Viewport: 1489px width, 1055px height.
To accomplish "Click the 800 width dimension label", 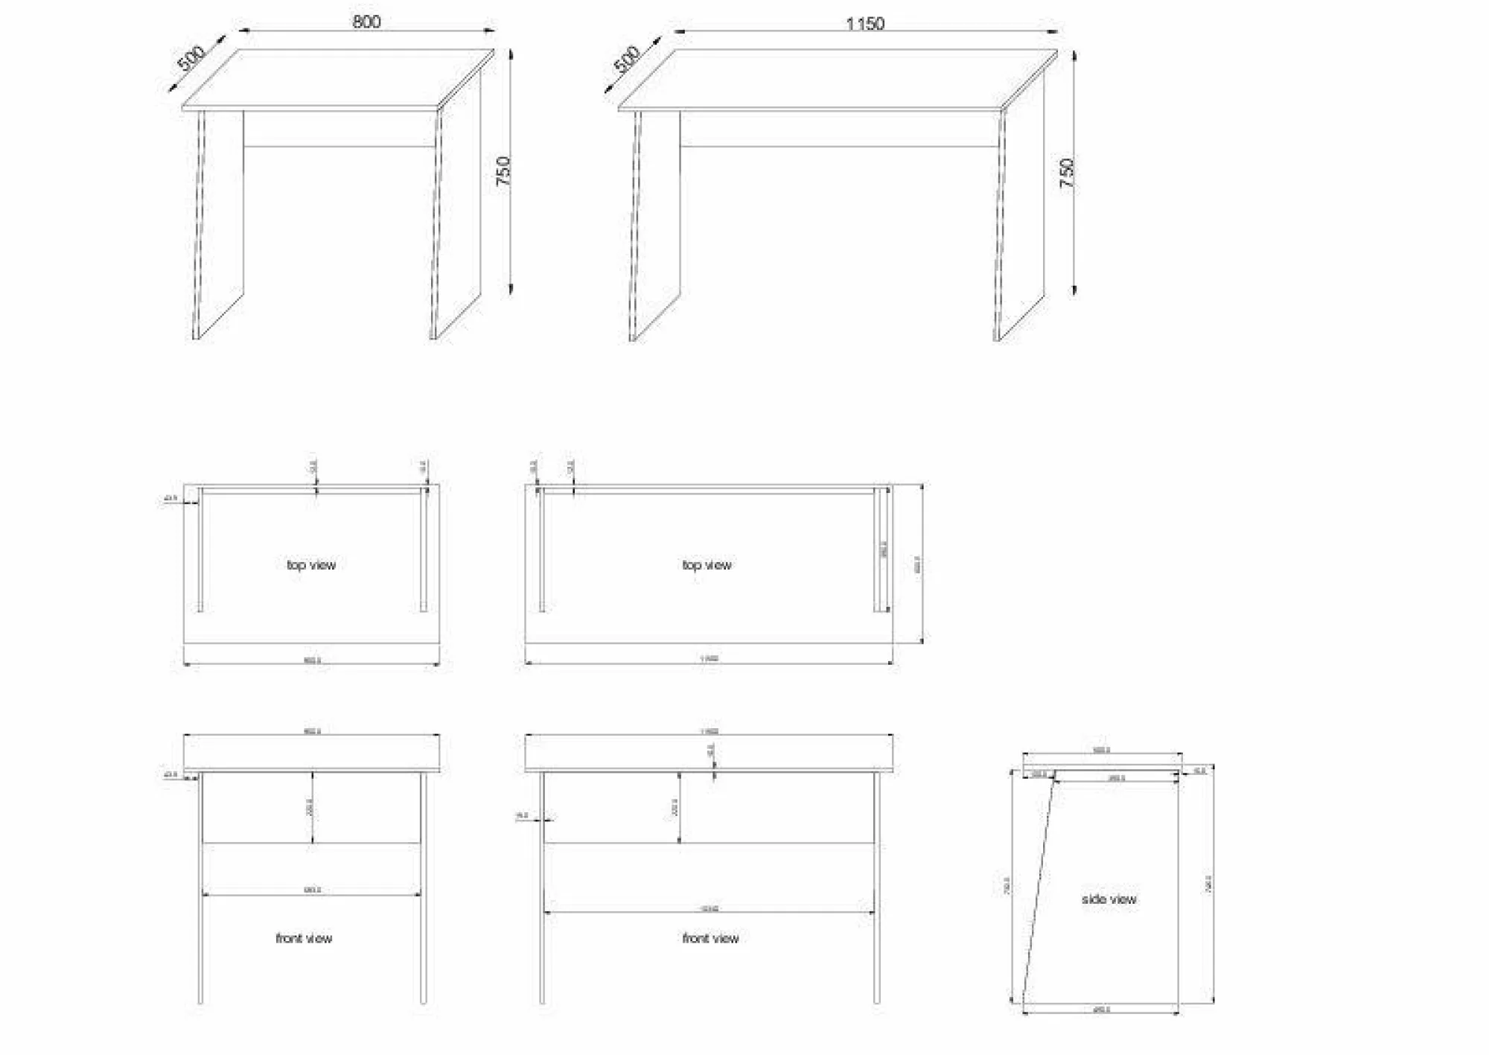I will (366, 22).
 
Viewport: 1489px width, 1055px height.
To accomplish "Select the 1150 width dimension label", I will (864, 24).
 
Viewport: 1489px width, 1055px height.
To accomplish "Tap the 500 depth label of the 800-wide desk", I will (191, 58).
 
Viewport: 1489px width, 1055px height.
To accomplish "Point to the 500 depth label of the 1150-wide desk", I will (627, 59).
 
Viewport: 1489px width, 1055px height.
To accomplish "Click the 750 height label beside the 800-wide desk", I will (504, 171).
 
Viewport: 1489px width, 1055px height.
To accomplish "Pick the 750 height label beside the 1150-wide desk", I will (1067, 173).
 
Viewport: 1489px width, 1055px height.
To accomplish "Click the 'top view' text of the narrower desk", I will (311, 565).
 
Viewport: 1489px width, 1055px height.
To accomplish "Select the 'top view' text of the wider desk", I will (707, 565).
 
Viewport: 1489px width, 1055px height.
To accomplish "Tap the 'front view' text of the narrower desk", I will (304, 938).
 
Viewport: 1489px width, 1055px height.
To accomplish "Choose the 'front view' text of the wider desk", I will (710, 938).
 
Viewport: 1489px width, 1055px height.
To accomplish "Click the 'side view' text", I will (1109, 899).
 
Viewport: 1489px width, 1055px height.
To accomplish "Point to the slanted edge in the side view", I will (1038, 886).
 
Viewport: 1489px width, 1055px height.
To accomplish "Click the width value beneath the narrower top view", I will (312, 660).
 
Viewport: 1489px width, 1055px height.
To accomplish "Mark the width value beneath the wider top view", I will (709, 659).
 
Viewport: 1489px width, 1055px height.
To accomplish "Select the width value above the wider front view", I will (709, 731).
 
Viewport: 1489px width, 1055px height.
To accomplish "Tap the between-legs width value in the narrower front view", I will (312, 890).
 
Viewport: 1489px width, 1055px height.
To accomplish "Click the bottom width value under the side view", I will (1101, 1010).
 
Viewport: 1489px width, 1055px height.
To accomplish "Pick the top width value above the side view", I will (1101, 750).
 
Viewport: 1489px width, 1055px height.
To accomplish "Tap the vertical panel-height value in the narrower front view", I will (310, 807).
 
